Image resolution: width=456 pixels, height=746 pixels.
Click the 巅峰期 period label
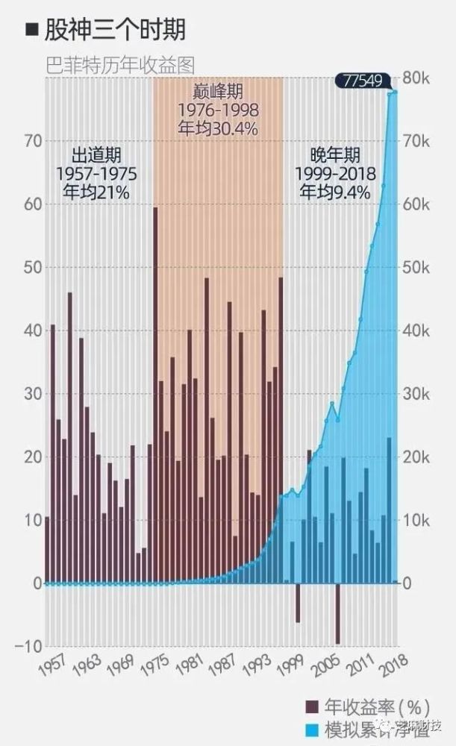click(218, 92)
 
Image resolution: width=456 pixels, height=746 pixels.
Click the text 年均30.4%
click(218, 128)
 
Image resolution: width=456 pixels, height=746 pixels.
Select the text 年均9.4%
click(335, 192)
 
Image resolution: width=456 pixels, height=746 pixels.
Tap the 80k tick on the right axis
click(416, 79)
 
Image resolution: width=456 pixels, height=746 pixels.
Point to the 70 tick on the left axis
click(31, 141)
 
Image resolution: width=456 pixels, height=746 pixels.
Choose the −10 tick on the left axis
click(28, 646)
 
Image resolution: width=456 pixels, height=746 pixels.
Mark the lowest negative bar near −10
click(337, 613)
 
